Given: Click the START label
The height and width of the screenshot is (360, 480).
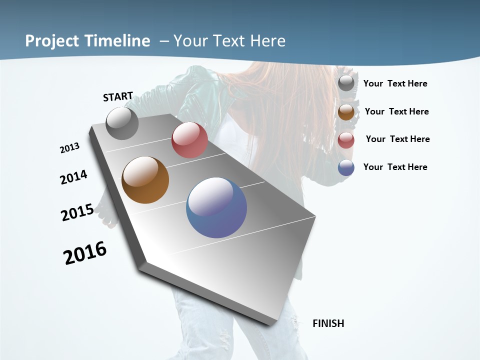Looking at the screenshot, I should (118, 96).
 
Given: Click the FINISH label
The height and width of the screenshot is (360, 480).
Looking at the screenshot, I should (328, 323).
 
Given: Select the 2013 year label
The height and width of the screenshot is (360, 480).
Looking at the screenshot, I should (69, 148).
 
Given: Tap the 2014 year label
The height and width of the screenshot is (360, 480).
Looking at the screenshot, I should (73, 177).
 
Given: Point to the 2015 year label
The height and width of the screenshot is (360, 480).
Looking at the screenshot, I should (77, 212).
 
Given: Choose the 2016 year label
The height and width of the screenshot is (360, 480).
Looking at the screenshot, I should (85, 253).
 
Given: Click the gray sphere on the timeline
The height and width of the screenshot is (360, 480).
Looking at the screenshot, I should (122, 123).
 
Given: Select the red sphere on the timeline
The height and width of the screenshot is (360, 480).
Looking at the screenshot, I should (189, 140).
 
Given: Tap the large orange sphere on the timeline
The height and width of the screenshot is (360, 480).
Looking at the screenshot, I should (145, 180).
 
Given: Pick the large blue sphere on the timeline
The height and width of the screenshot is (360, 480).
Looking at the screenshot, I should (216, 207).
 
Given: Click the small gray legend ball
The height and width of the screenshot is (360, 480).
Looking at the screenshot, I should (346, 83).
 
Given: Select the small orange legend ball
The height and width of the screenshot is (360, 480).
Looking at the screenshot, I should (346, 112).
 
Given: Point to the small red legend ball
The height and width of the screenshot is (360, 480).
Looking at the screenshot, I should (346, 140).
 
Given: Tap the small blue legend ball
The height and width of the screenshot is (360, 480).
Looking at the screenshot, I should (346, 168).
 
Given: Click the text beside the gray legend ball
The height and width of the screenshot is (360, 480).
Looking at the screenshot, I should (395, 83).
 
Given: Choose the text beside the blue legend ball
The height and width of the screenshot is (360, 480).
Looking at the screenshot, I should (395, 167).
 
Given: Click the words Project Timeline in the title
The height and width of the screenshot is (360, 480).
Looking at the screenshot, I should (87, 41).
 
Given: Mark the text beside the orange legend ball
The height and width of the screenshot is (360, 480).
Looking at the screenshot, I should (396, 111).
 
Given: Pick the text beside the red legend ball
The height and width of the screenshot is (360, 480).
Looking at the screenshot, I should (397, 139).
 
